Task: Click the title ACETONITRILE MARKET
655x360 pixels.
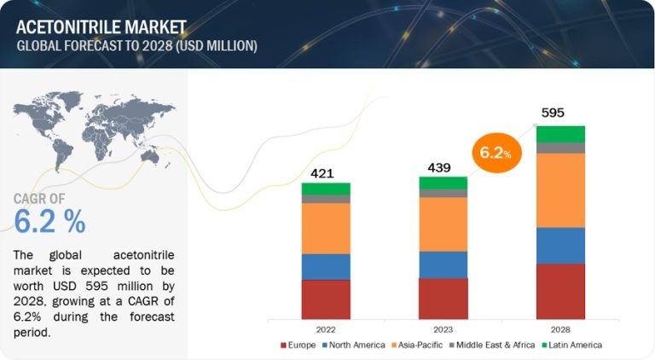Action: click(x=96, y=26)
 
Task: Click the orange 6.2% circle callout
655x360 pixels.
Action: click(x=495, y=153)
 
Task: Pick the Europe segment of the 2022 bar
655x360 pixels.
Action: click(x=325, y=299)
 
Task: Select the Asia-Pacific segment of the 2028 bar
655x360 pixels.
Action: click(x=560, y=190)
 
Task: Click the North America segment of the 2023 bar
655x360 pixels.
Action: click(x=443, y=264)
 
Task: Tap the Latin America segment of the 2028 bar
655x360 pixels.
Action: click(x=560, y=134)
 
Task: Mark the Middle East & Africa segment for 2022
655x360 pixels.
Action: click(x=325, y=199)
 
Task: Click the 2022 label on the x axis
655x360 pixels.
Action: click(x=325, y=328)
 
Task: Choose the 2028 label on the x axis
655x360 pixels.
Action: click(x=560, y=328)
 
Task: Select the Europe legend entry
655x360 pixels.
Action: click(x=298, y=345)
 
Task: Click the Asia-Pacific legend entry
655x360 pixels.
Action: click(x=415, y=345)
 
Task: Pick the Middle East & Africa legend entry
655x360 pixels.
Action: click(x=494, y=345)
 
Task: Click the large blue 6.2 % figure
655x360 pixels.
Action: click(x=49, y=222)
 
